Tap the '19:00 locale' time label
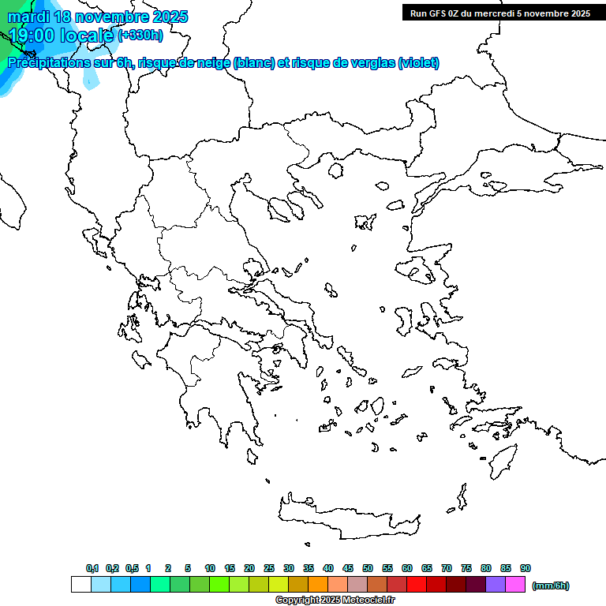pos(62,35)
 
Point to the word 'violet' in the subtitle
pos(417,63)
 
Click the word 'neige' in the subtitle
pos(213,63)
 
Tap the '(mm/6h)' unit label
pos(551,585)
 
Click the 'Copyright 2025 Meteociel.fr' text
pos(335,600)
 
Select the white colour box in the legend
pos(80,585)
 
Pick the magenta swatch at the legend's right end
pos(515,585)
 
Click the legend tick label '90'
pos(526,568)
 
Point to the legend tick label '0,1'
pos(92,568)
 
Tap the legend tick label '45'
pos(348,568)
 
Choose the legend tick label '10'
pos(210,568)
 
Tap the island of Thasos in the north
pos(335,170)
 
